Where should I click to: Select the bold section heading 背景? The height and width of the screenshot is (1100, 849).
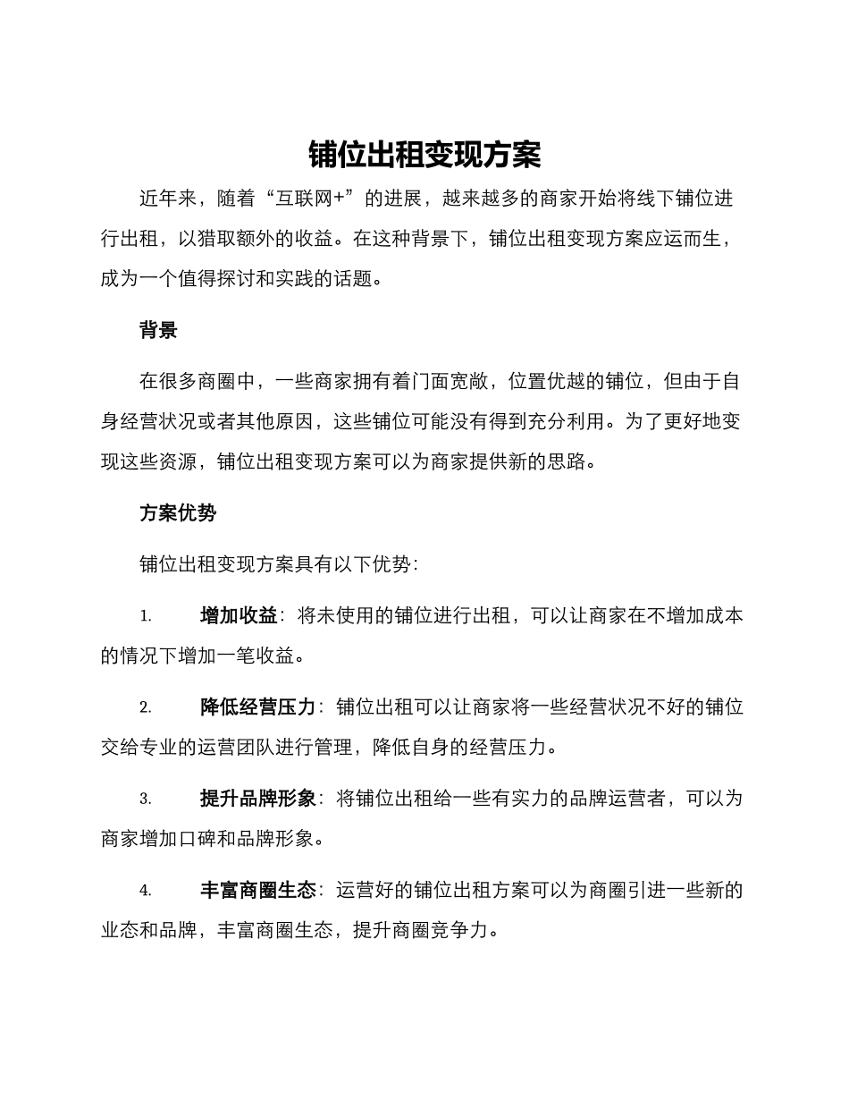pyautogui.click(x=158, y=330)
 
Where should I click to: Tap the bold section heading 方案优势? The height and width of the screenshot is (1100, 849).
pyautogui.click(x=177, y=513)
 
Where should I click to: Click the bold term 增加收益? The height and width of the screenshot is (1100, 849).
pyautogui.click(x=239, y=615)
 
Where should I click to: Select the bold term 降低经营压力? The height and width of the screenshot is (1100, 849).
pyautogui.click(x=258, y=707)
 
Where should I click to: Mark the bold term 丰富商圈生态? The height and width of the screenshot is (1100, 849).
pyautogui.click(x=258, y=891)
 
